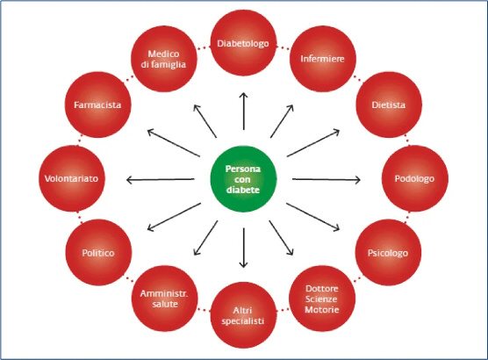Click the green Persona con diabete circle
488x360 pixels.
(243, 179)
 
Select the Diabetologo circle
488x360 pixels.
(243, 43)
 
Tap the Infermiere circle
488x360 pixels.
(323, 59)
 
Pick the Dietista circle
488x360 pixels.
(389, 104)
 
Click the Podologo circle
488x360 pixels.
(415, 178)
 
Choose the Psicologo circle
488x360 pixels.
(388, 253)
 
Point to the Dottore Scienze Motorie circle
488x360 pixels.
(322, 299)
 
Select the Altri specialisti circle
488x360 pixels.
(243, 315)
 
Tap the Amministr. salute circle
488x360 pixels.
(165, 299)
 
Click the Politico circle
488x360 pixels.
(98, 253)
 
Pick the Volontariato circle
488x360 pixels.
(72, 178)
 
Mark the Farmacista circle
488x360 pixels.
(97, 104)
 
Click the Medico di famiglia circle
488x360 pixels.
(164, 59)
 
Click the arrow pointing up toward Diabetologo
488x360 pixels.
(244, 112)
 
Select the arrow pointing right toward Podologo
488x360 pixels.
(327, 179)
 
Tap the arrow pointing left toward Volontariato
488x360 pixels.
(161, 179)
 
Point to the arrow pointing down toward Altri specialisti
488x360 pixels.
(244, 248)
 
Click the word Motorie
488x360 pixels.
(322, 310)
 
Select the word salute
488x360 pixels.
(165, 304)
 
